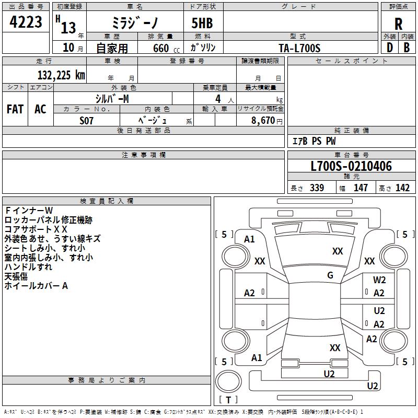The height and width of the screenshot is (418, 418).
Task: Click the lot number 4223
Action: click(26, 22)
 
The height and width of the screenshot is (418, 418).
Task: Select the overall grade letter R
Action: click(398, 24)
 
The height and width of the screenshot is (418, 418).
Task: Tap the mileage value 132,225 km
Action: click(61, 75)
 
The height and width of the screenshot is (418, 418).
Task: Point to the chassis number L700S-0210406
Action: click(351, 166)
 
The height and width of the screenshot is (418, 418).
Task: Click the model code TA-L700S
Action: click(299, 48)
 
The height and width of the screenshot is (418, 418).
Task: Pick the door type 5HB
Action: click(202, 23)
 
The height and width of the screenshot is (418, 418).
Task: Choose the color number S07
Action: click(86, 121)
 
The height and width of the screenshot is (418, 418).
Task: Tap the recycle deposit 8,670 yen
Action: click(267, 121)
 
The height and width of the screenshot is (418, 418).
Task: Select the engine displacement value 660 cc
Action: click(166, 48)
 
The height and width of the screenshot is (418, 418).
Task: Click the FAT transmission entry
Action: click(15, 109)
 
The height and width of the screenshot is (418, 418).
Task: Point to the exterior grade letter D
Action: click(390, 48)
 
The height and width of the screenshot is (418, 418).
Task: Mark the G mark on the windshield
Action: click(330, 275)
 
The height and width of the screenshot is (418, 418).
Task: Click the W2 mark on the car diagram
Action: click(379, 280)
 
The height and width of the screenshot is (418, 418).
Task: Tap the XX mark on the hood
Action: click(338, 251)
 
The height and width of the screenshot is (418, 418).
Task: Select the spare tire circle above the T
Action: click(228, 381)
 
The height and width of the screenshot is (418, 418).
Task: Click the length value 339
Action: click(317, 188)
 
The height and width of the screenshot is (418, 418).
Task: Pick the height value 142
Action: click(402, 188)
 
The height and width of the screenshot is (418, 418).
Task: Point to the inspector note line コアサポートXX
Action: click(36, 229)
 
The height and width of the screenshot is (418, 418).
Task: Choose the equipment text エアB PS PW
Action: click(314, 141)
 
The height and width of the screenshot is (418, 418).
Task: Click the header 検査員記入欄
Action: click(107, 201)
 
